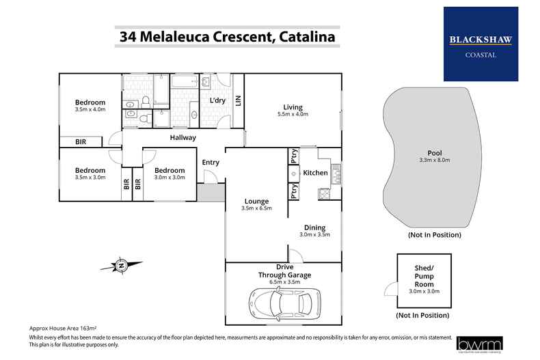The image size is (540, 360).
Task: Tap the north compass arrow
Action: pyautogui.click(x=121, y=265)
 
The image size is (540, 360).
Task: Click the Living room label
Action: pyautogui.click(x=293, y=106)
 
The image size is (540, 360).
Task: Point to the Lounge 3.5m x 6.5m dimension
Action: pyautogui.click(x=257, y=208)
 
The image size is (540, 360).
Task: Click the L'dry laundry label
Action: pyautogui.click(x=217, y=100)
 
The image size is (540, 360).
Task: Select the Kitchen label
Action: pyautogui.click(x=315, y=173)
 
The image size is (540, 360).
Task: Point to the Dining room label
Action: pyautogui.click(x=314, y=227)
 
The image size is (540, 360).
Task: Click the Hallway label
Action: pyautogui.click(x=183, y=137)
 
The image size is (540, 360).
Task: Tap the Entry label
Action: pyautogui.click(x=211, y=162)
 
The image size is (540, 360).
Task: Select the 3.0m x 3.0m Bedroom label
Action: pyautogui.click(x=169, y=171)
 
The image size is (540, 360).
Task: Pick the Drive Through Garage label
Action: pyautogui.click(x=284, y=271)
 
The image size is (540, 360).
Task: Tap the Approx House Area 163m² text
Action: pyautogui.click(x=60, y=329)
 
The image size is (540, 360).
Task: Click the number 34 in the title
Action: pyautogui.click(x=127, y=38)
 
